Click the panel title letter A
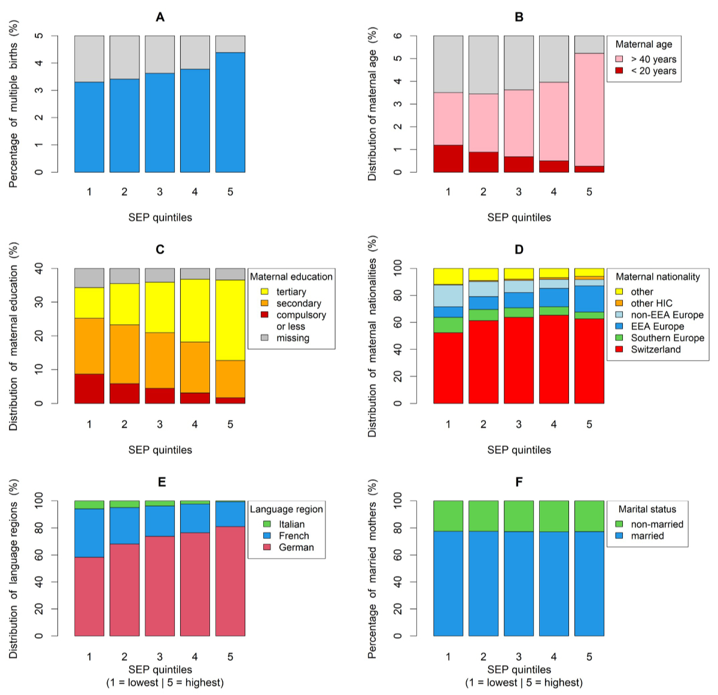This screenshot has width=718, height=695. coord(160,17)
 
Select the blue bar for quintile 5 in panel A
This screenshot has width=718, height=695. coord(230,112)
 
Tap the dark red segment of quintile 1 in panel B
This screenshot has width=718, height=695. coord(448,158)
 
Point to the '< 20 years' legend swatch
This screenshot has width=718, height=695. coord(619,71)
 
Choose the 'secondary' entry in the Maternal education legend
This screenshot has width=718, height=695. coord(298,303)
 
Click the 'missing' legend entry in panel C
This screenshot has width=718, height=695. coord(293,338)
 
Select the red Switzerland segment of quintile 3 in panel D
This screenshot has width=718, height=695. coord(519,360)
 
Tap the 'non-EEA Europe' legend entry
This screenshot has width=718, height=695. coord(667,315)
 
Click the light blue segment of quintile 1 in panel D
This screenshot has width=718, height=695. coord(448,296)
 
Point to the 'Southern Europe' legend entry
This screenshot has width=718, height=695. coord(667,338)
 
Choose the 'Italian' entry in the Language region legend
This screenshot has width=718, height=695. coord(291,525)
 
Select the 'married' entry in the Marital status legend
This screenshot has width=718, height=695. coord(647,536)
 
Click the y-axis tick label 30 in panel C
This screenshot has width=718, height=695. coord(39,303)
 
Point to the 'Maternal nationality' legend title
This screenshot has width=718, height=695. coord(657,277)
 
